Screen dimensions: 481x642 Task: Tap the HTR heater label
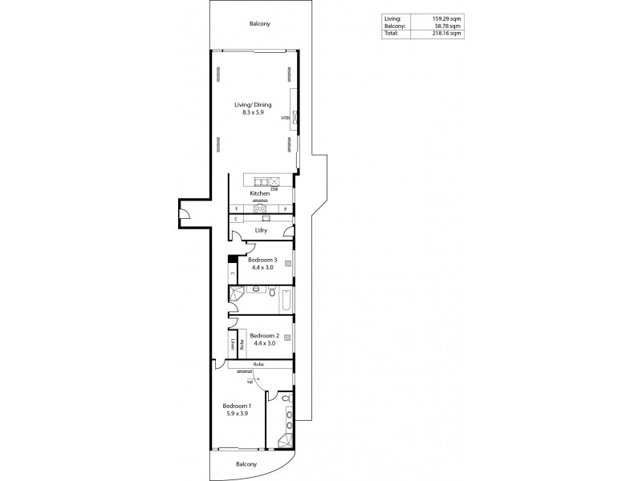285,119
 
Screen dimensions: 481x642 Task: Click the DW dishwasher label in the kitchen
274,189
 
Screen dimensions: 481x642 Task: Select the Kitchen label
258,195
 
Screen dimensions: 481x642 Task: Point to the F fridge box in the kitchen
237,208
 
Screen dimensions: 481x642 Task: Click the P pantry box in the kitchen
285,208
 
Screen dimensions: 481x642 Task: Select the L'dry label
260,232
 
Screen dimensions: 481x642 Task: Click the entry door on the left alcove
184,213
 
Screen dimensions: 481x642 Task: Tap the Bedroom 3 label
262,260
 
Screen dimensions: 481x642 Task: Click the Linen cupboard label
233,346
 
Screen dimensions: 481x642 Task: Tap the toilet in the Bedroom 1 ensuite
287,398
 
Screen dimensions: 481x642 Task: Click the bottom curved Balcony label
246,464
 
